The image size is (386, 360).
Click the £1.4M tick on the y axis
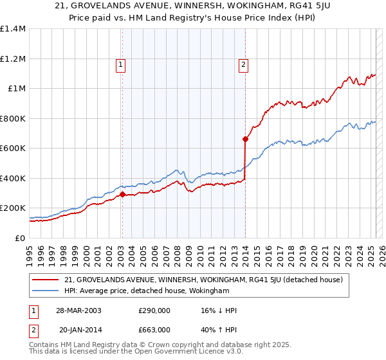[13, 29]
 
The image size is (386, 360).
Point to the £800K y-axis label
[13, 118]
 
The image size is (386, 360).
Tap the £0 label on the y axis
[19, 238]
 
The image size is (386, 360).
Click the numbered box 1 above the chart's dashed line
[122, 64]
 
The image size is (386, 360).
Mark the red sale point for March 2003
[122, 194]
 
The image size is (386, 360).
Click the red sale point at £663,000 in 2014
[245, 138]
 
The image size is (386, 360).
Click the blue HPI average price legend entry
[147, 291]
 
